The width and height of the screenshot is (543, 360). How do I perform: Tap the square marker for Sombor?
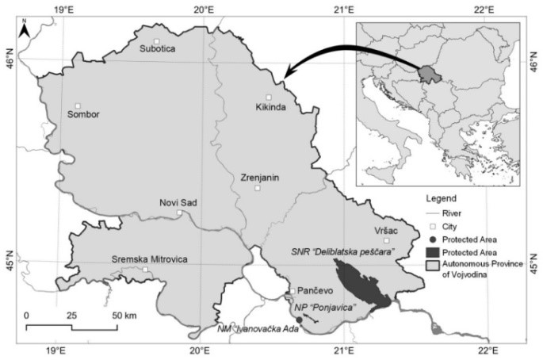(78, 105)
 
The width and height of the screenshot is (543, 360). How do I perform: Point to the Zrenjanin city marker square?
(257, 188)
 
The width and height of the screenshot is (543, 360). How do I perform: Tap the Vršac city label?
(385, 228)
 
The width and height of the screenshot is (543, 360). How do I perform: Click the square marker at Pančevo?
(290, 293)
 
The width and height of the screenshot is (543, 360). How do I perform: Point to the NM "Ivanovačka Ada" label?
(258, 328)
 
